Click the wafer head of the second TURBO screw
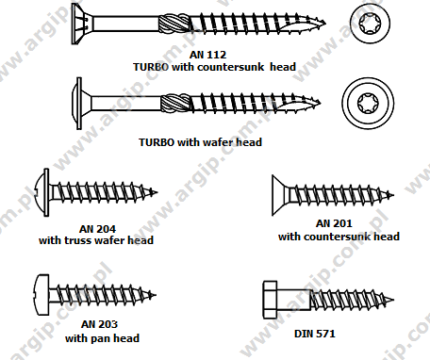click(78, 98)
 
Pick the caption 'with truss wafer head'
click(96, 240)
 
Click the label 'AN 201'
click(337, 223)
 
